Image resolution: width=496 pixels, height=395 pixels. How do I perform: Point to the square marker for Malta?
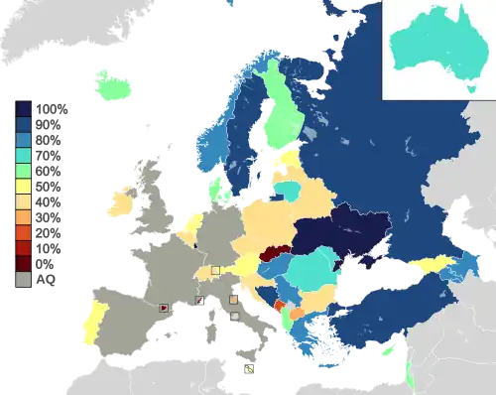coord(248,368)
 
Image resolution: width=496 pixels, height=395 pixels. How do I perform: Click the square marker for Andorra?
coord(163,308)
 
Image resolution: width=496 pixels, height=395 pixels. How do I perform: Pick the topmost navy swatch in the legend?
coord(23,108)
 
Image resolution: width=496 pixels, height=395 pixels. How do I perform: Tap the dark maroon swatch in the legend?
coord(23,262)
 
